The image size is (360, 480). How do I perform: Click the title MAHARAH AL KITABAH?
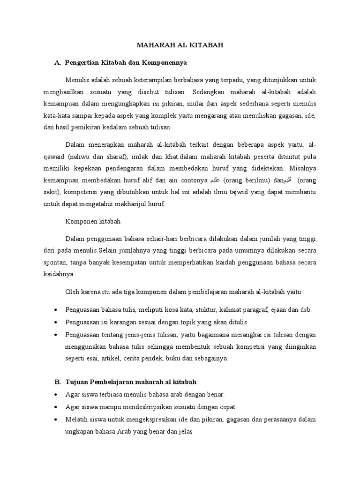pos(180,45)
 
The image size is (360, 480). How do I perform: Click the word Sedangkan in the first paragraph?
pos(205,92)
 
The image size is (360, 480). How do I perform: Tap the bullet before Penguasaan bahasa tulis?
pos(56,310)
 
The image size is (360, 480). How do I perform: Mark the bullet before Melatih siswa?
pos(56,419)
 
